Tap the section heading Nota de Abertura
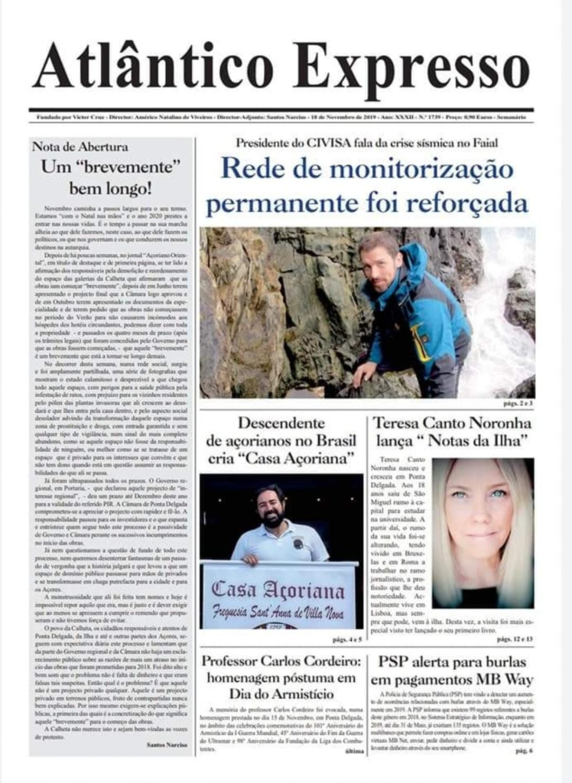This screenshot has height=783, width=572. click(80, 146)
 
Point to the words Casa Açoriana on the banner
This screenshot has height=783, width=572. click(278, 590)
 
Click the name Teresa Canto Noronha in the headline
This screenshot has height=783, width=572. click(452, 423)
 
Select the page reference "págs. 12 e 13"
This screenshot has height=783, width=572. click(515, 638)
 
